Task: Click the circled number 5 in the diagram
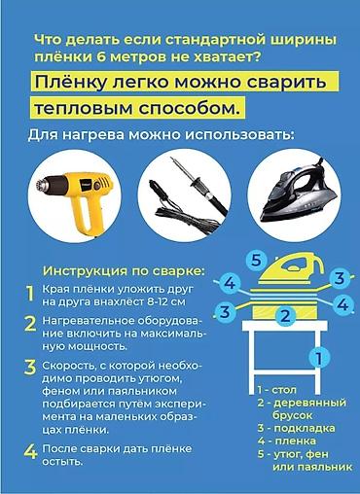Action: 256,260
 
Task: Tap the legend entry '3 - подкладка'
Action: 296,428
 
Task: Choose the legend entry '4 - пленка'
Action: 287,441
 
